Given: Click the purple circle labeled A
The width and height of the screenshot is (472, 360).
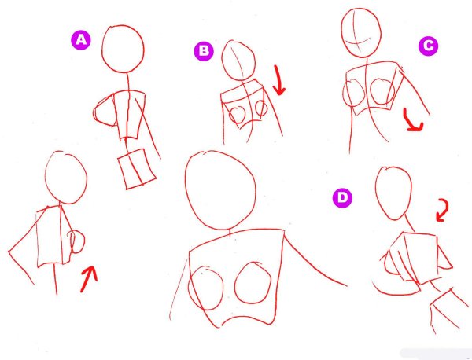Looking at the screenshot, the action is pyautogui.click(x=81, y=40).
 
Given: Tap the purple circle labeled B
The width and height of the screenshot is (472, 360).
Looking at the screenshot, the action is pyautogui.click(x=204, y=51).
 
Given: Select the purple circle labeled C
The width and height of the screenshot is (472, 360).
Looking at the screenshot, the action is pyautogui.click(x=428, y=46).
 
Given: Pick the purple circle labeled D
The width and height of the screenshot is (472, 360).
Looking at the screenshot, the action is pyautogui.click(x=342, y=198).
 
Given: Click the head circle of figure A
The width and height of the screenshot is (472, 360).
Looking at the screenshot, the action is pyautogui.click(x=102, y=50).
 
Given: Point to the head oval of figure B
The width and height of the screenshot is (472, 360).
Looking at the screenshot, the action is pyautogui.click(x=222, y=61).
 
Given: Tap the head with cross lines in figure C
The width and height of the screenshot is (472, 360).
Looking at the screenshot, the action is pyautogui.click(x=341, y=31).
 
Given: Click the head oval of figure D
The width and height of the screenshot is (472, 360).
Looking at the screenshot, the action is pyautogui.click(x=376, y=193).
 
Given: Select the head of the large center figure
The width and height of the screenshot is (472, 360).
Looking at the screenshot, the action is pyautogui.click(x=186, y=189).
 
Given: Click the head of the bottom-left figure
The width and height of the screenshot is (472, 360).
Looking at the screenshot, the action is pyautogui.click(x=45, y=178).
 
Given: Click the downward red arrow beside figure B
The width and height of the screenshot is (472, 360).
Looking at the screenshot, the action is pyautogui.click(x=278, y=79).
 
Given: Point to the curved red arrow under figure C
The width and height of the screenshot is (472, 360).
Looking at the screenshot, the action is pyautogui.click(x=410, y=123).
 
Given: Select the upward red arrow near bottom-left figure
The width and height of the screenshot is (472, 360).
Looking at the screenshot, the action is pyautogui.click(x=88, y=278).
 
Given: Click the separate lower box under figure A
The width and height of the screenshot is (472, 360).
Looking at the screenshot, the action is pyautogui.click(x=137, y=169).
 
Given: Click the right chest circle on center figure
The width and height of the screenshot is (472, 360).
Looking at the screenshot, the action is pyautogui.click(x=235, y=283).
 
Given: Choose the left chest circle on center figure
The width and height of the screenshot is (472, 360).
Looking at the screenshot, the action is pyautogui.click(x=189, y=287).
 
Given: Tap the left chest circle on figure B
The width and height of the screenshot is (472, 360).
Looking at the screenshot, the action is pyautogui.click(x=230, y=116).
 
